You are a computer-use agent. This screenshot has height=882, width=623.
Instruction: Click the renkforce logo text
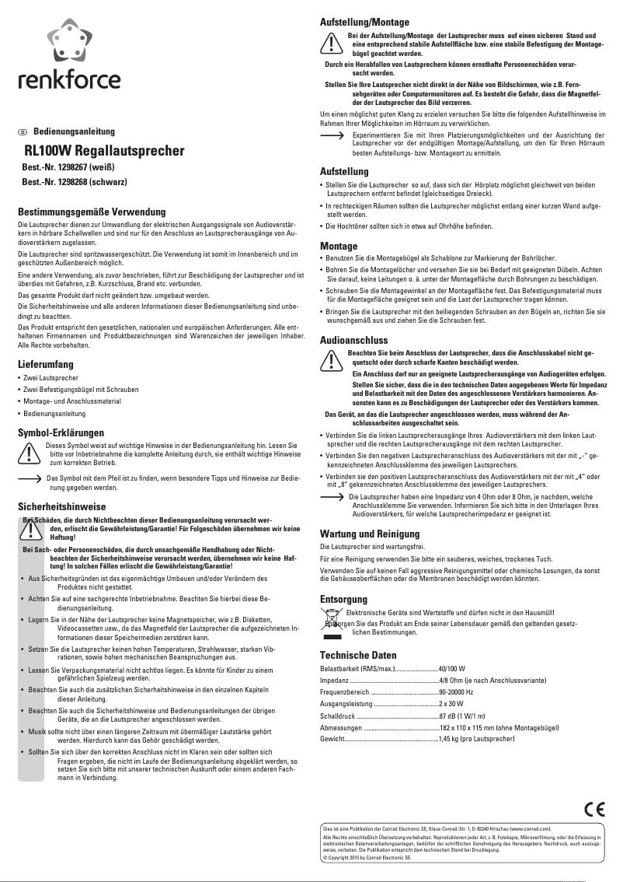[70, 81]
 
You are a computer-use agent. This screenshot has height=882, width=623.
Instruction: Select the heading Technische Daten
[359, 655]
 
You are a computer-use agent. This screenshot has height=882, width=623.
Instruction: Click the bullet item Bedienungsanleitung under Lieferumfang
[54, 412]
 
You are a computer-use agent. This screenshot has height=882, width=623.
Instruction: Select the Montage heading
[339, 246]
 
